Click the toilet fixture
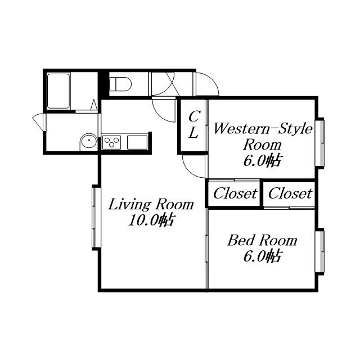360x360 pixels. [120, 84]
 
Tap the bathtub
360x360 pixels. [58, 91]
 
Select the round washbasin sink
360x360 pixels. [89, 141]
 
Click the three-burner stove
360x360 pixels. [111, 142]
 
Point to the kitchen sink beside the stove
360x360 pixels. [137, 142]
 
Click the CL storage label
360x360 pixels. [194, 124]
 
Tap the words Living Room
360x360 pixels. [151, 204]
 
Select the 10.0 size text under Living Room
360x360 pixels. [151, 220]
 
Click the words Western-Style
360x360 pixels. [263, 129]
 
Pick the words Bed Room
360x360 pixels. [262, 240]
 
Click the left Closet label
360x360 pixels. [235, 193]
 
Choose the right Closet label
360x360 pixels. [290, 193]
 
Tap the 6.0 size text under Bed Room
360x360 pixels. [262, 256]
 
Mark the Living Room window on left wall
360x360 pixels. [96, 218]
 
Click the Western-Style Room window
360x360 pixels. [319, 142]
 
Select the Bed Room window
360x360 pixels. [319, 251]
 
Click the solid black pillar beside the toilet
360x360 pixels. [103, 84]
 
